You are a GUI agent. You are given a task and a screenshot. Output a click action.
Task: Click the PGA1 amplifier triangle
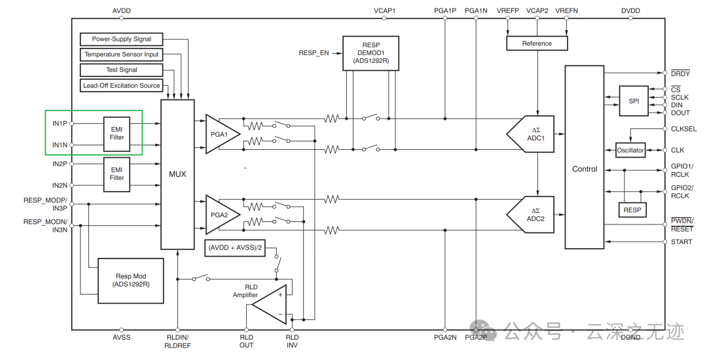[x=221, y=134]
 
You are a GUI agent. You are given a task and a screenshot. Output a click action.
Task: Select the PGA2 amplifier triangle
[x=221, y=215]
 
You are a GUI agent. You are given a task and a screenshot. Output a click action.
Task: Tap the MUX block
[x=177, y=174]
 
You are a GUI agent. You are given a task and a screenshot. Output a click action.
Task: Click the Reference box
[x=537, y=43]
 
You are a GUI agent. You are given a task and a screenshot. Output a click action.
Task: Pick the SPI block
[x=634, y=101]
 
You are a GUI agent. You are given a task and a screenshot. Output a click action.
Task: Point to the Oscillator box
[x=630, y=150]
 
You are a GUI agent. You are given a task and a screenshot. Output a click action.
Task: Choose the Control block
[x=585, y=157]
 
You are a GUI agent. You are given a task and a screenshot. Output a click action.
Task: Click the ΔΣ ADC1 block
[x=530, y=134]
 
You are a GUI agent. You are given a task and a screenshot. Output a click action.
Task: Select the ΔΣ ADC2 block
[x=530, y=215]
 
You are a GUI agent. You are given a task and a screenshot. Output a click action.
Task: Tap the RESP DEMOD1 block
[x=371, y=53]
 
